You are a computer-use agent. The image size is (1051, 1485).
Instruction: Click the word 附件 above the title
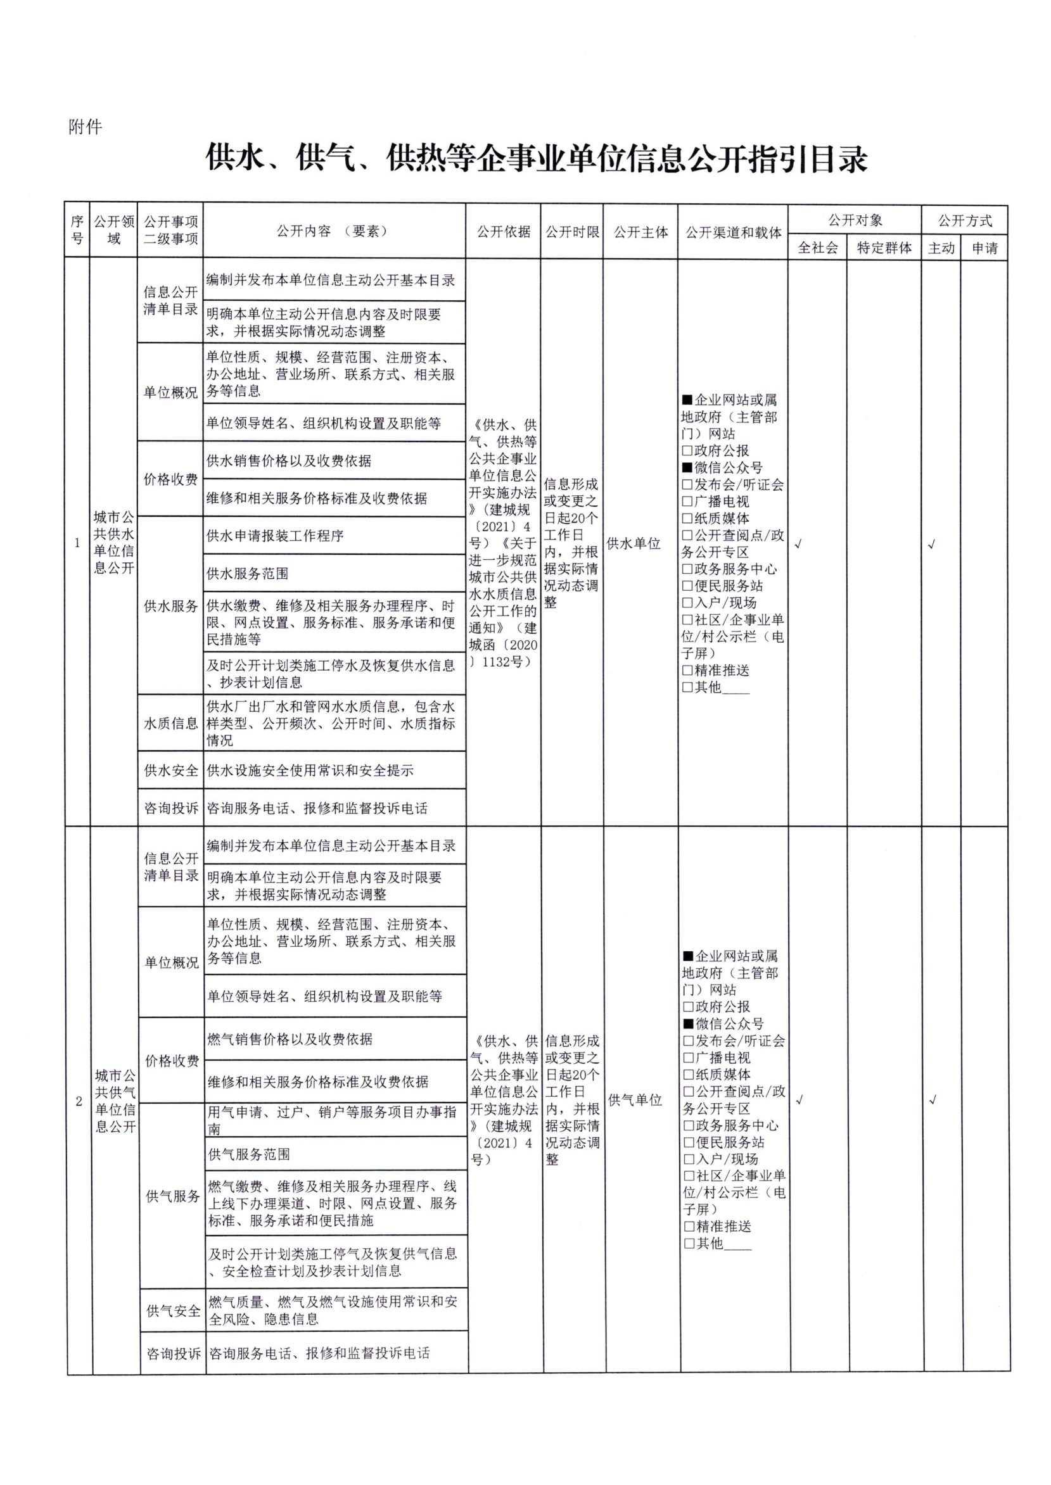pyautogui.click(x=86, y=127)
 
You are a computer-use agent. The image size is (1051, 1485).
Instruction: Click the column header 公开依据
pyautogui.click(x=503, y=232)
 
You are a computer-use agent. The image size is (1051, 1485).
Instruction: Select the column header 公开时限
pyautogui.click(x=572, y=232)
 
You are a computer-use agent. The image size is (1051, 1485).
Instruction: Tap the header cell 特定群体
pyautogui.click(x=884, y=248)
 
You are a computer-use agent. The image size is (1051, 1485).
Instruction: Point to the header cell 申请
pyautogui.click(x=984, y=248)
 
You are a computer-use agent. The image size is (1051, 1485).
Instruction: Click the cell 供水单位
pyautogui.click(x=633, y=543)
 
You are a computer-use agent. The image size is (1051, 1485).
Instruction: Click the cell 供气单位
pyautogui.click(x=635, y=1099)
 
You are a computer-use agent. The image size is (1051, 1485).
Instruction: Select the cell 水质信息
pyautogui.click(x=171, y=723)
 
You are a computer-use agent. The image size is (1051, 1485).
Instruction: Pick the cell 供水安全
pyautogui.click(x=171, y=770)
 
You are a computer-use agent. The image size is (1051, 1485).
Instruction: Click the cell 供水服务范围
pyautogui.click(x=247, y=574)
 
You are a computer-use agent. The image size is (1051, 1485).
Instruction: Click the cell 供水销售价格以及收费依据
pyautogui.click(x=289, y=460)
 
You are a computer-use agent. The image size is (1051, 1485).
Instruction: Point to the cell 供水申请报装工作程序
pyautogui.click(x=275, y=536)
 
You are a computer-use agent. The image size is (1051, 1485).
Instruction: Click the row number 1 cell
pyautogui.click(x=77, y=543)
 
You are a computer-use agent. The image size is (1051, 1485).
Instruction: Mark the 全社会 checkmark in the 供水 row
pyautogui.click(x=798, y=545)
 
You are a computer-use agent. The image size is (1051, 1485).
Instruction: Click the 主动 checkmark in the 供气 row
pyautogui.click(x=932, y=1099)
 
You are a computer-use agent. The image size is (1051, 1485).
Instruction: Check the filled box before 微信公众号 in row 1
pyautogui.click(x=687, y=467)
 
